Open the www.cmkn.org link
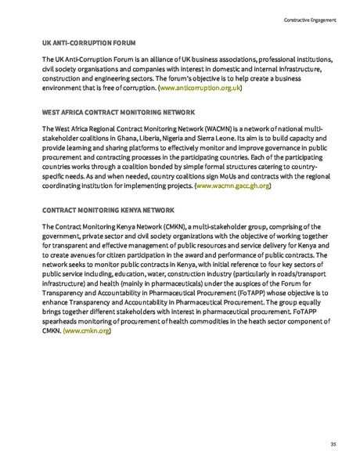click(x=87, y=331)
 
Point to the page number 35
click(x=333, y=444)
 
